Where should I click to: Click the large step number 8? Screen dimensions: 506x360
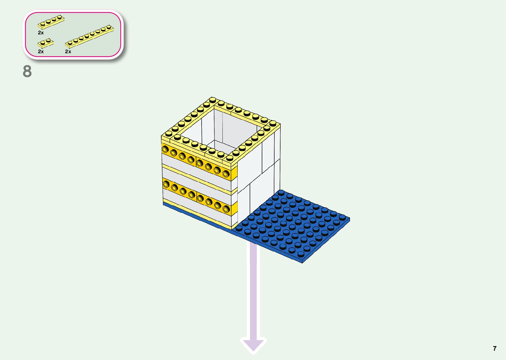point(27,71)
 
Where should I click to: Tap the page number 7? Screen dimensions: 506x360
point(494,348)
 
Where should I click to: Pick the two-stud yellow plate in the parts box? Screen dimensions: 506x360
point(46,43)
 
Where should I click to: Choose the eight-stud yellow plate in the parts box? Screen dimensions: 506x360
point(89,36)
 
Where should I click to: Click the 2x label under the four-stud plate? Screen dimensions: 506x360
point(41,33)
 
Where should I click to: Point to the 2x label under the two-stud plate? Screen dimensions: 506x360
point(41,52)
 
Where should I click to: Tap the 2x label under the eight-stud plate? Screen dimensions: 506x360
point(68,52)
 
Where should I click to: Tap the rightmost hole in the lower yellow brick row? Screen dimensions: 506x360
point(226,209)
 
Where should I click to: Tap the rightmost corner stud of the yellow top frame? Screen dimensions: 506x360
point(273,123)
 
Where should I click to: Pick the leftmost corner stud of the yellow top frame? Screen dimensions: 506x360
point(169,134)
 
